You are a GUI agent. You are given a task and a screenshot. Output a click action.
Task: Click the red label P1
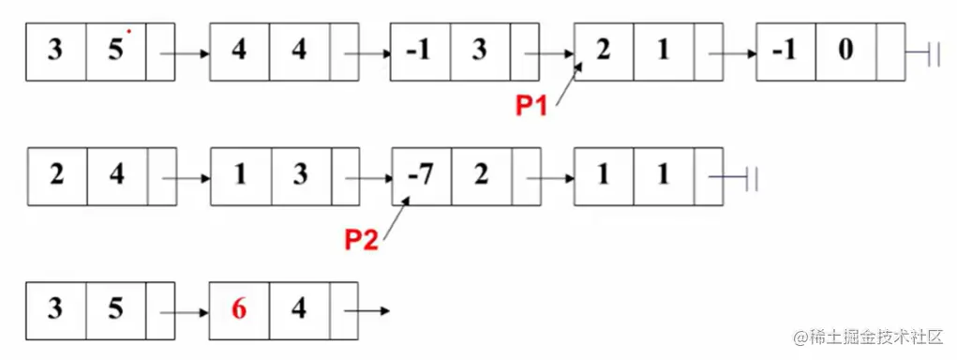pyautogui.click(x=535, y=106)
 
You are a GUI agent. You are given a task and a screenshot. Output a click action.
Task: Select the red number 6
pyautogui.click(x=239, y=308)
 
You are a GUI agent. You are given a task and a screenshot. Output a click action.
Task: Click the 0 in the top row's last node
pyautogui.click(x=845, y=51)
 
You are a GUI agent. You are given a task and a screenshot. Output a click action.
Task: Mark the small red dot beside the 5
pyautogui.click(x=128, y=31)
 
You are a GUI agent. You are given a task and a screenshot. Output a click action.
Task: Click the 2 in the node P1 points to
pyautogui.click(x=603, y=51)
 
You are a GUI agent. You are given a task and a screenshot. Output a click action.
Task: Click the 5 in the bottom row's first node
pyautogui.click(x=116, y=308)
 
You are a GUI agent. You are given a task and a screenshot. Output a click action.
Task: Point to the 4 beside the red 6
pyautogui.click(x=299, y=308)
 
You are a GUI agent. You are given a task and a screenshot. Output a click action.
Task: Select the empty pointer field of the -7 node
pyautogui.click(x=526, y=176)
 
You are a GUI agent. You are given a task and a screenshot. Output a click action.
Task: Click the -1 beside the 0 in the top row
pyautogui.click(x=785, y=51)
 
